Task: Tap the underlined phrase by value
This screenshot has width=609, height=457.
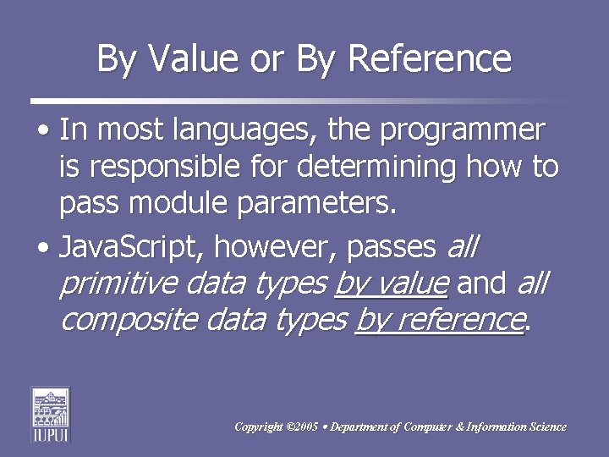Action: [x=391, y=284]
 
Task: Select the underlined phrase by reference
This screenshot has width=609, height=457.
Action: [x=440, y=320]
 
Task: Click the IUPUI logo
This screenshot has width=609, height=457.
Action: [x=51, y=415]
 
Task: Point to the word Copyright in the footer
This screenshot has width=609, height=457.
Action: [x=260, y=427]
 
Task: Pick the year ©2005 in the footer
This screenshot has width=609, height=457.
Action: [x=303, y=427]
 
